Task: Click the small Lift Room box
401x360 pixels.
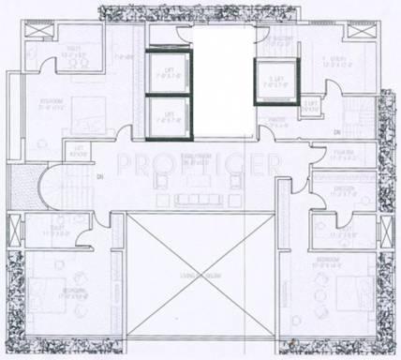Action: (x=80, y=153)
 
